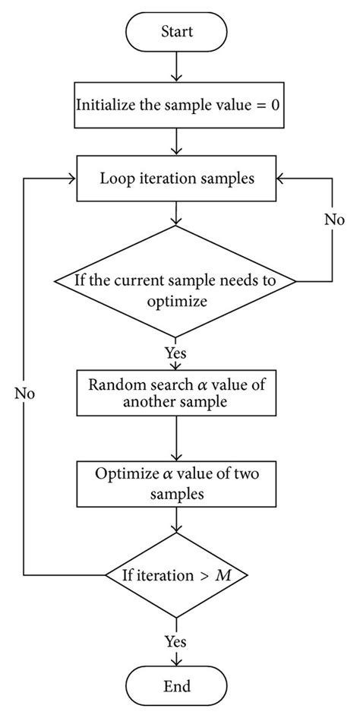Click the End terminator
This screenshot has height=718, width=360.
coord(177,686)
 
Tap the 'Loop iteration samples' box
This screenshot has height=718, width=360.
coord(177,179)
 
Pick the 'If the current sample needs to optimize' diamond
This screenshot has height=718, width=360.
coord(177,289)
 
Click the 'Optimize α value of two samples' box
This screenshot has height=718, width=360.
coord(177,482)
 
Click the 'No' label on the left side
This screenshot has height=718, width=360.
coord(24,394)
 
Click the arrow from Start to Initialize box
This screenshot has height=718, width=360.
coord(177,67)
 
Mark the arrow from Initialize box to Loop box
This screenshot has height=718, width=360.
coord(177,141)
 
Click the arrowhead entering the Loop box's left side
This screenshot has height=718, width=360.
coord(72,179)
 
